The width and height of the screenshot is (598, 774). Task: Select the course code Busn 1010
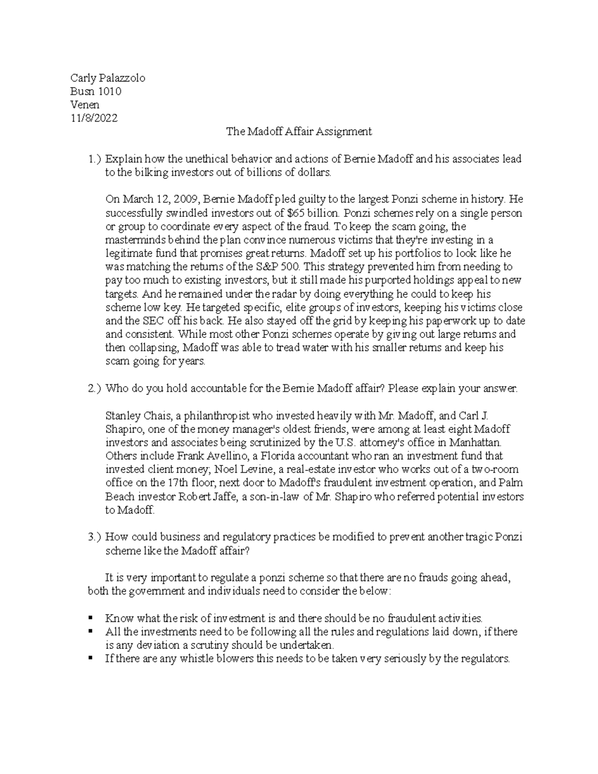[x=96, y=91]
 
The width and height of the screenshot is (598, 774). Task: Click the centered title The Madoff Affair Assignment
[x=299, y=132]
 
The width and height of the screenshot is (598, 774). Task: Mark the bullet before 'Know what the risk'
[x=90, y=618]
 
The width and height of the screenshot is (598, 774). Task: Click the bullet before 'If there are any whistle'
[x=90, y=658]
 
